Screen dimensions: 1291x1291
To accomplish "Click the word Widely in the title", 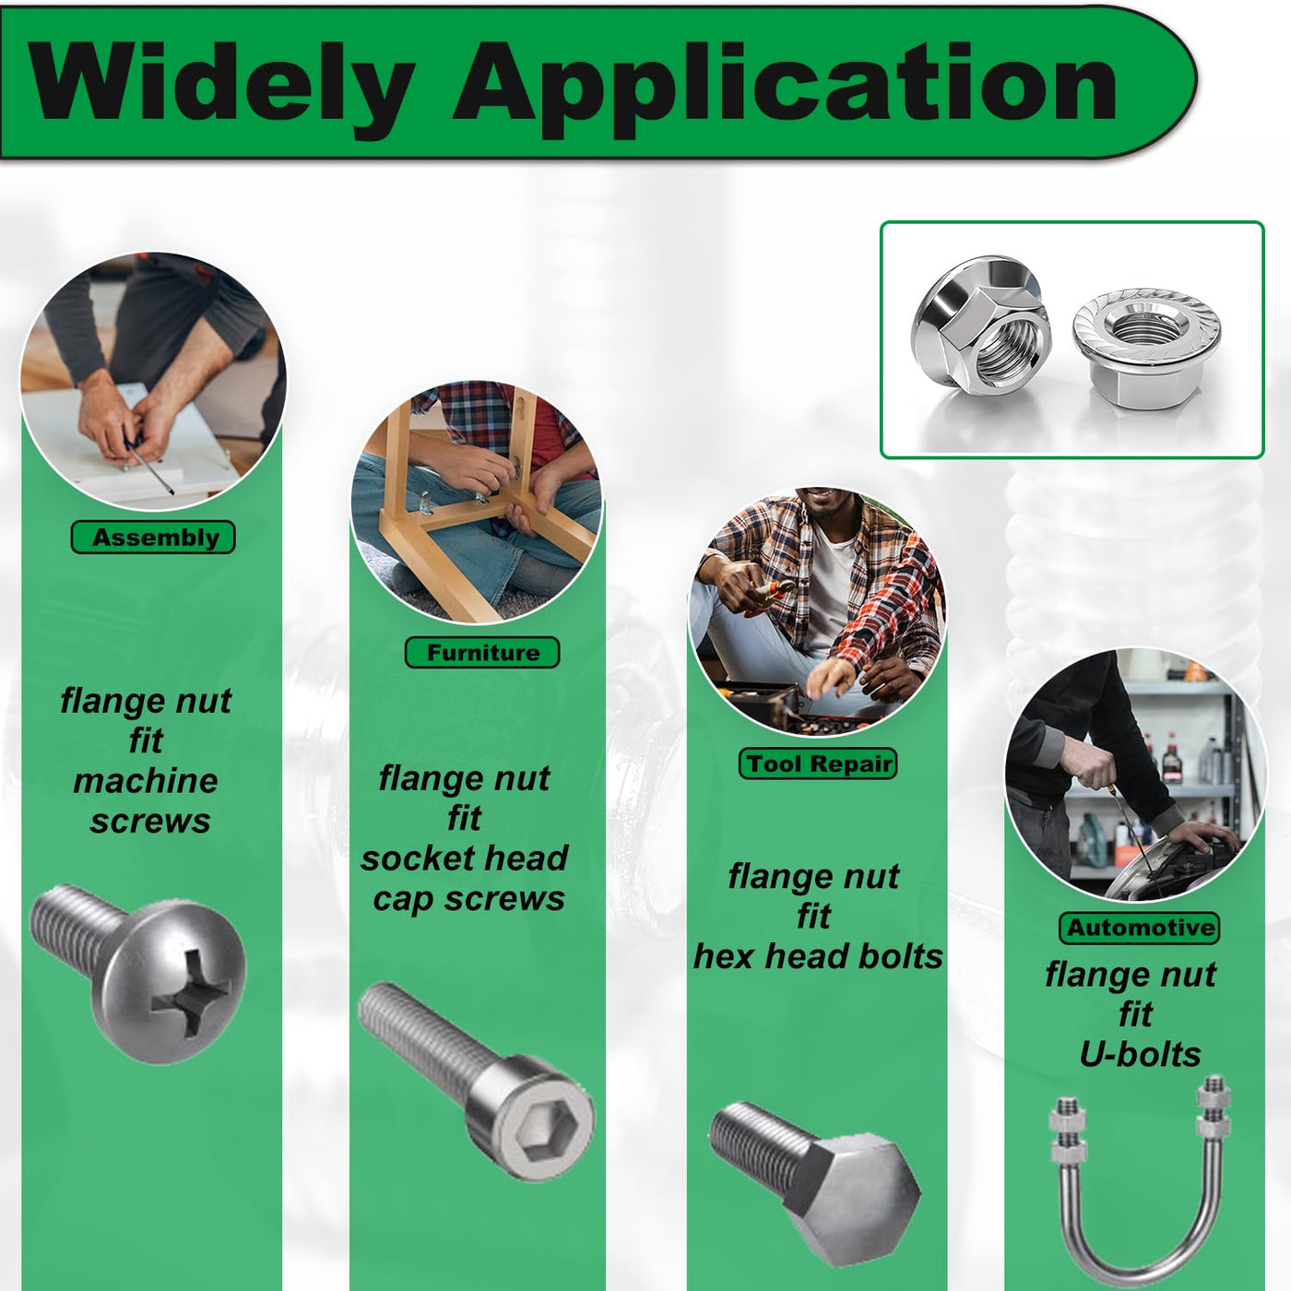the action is (x=221, y=84).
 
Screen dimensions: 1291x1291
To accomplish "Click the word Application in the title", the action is (x=785, y=86).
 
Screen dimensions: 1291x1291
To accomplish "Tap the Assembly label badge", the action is (x=153, y=538).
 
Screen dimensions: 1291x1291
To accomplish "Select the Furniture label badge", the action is (x=482, y=653).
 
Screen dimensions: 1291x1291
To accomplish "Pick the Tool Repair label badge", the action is (x=817, y=764).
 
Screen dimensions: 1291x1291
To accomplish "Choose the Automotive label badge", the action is (x=1140, y=928).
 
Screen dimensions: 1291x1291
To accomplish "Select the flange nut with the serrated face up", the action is (x=1146, y=347).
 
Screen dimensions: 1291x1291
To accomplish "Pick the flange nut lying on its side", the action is (x=981, y=326).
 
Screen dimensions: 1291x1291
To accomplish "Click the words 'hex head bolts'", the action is (x=818, y=956).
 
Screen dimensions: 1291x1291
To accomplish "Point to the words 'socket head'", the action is (x=464, y=859).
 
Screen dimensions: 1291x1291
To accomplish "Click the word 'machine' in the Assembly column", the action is (x=146, y=781).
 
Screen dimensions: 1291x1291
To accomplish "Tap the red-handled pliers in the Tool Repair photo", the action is (x=770, y=594).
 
